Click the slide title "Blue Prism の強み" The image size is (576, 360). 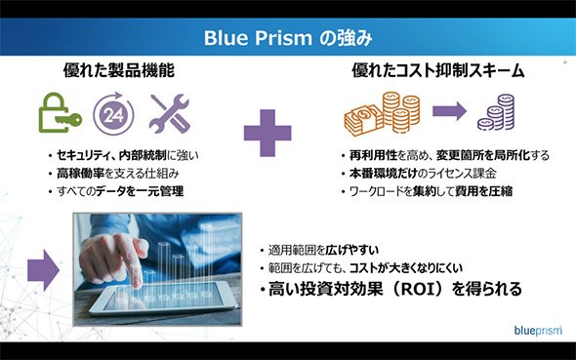[288, 38]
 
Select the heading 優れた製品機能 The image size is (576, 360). [119, 70]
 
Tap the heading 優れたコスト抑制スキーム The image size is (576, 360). [438, 70]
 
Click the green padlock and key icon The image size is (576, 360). [61, 112]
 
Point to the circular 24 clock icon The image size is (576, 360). [113, 113]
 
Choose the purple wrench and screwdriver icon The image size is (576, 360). [169, 113]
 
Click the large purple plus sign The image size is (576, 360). [267, 133]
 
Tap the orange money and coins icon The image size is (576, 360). [382, 114]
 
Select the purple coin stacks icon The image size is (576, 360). [496, 112]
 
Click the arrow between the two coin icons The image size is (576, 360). [450, 111]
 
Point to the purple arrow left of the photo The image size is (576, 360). [43, 270]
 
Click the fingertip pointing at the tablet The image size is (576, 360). [137, 282]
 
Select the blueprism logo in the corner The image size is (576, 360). [538, 331]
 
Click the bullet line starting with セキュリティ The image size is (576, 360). [123, 155]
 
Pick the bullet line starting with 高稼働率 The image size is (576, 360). [114, 174]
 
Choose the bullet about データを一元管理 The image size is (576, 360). [116, 191]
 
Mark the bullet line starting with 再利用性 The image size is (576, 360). [445, 155]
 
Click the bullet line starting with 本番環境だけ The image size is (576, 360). [419, 174]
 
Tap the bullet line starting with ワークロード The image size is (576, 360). [428, 191]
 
